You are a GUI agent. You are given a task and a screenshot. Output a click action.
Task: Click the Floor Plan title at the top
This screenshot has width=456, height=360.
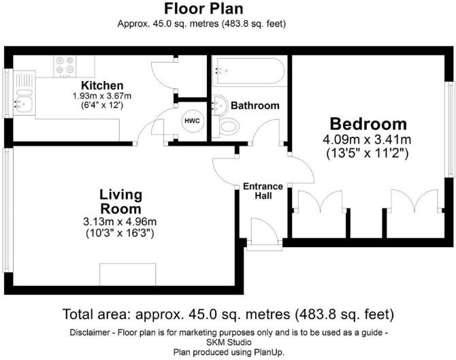203,9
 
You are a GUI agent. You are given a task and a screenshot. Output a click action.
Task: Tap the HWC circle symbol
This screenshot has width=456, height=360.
193,120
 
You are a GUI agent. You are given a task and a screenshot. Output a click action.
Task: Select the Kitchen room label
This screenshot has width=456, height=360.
102,86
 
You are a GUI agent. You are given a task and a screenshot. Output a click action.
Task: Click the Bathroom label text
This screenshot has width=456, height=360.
255,105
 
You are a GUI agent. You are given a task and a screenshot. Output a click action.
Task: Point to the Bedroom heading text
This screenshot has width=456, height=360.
368,124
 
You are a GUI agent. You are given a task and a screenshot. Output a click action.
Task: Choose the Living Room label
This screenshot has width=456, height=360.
120,201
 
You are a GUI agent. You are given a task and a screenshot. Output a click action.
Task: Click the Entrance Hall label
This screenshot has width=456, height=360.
263,191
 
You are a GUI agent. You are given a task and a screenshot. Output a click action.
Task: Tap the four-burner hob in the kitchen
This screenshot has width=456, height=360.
65,67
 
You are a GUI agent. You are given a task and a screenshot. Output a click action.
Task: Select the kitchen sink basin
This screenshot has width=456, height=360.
24,104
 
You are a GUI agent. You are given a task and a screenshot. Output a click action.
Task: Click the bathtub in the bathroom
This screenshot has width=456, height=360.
248,71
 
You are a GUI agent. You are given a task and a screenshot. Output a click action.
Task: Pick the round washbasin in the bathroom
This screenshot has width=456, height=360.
220,104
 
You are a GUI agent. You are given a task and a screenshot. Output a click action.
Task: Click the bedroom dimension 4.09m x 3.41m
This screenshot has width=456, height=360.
367,140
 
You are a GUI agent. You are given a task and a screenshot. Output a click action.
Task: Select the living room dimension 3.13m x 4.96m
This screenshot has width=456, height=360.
120,222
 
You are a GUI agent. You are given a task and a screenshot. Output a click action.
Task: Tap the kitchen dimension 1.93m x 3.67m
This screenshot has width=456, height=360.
102,96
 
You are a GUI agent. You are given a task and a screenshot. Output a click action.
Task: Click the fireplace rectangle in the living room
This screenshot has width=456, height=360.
128,274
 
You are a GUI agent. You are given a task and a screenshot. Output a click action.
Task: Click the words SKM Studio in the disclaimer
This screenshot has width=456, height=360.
229,342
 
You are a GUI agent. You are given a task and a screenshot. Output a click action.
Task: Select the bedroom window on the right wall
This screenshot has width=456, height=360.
451,129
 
